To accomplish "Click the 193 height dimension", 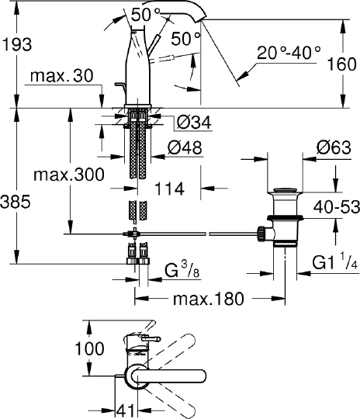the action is click(17, 44).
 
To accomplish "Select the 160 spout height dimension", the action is click(342, 64).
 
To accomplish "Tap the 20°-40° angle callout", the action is click(289, 53).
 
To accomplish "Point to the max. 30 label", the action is click(62, 76).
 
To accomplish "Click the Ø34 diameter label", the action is click(194, 122).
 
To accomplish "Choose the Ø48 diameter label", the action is click(185, 147).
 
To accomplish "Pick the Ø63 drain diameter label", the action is click(334, 147).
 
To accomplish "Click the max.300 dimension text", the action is click(69, 175).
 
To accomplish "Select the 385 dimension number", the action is click(16, 202).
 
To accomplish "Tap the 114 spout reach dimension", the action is click(169, 189).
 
